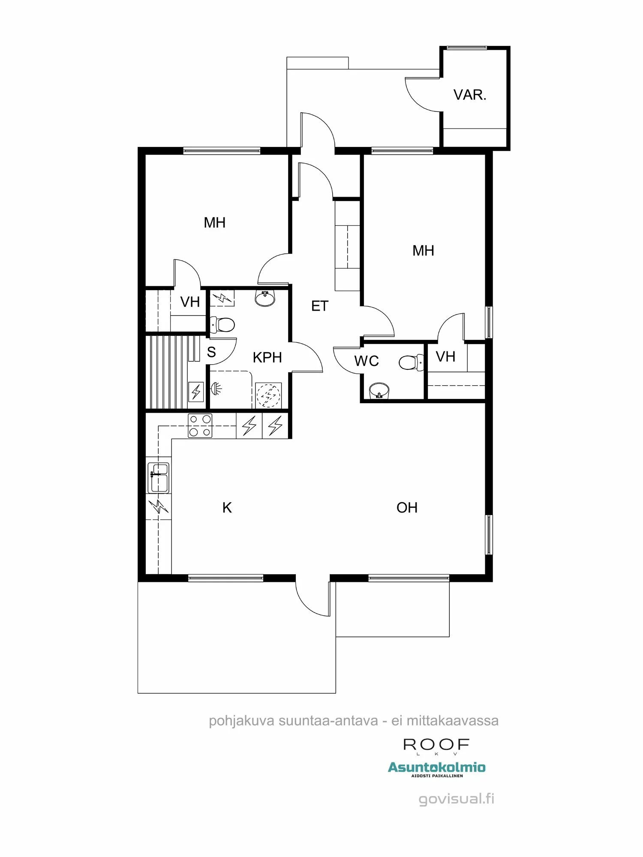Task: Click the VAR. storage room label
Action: click(x=470, y=95)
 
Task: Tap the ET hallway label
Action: click(x=320, y=306)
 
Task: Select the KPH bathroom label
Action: click(x=267, y=357)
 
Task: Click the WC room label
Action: click(x=367, y=361)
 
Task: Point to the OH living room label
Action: click(x=407, y=508)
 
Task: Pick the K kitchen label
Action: click(x=227, y=508)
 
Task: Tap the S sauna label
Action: click(x=211, y=352)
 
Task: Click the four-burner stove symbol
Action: click(x=200, y=426)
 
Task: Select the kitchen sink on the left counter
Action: click(x=158, y=477)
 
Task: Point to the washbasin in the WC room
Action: click(x=379, y=391)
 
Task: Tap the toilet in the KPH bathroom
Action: click(x=223, y=324)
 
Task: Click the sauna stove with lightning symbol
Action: click(x=196, y=391)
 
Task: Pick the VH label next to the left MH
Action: click(x=190, y=302)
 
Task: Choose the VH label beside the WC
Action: click(x=445, y=357)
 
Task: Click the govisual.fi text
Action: click(x=456, y=799)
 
